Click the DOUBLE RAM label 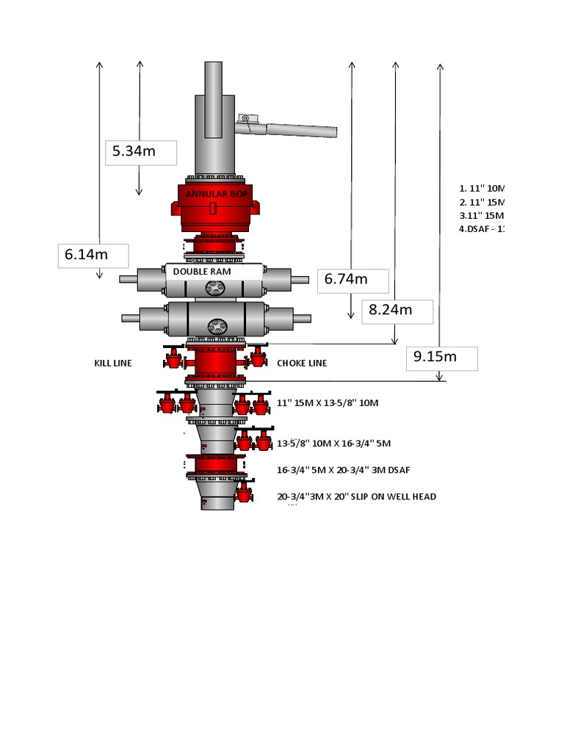202,272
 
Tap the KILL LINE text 113,364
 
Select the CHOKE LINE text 302,364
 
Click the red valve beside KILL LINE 173,358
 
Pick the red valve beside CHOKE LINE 257,358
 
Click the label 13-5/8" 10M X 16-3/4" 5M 333,444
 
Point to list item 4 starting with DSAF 482,228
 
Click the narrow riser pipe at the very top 213,99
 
